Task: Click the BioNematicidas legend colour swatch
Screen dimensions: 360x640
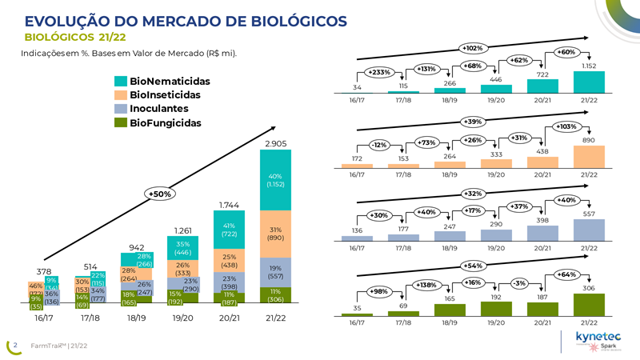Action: [121, 82]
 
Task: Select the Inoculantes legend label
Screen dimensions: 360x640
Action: [159, 109]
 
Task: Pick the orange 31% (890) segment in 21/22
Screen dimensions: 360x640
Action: [275, 233]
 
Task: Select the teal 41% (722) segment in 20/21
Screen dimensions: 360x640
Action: [230, 230]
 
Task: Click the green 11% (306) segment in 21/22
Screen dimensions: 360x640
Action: [275, 296]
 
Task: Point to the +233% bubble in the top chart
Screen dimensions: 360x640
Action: [380, 72]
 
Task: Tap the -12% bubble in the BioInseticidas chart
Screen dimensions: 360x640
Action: [380, 146]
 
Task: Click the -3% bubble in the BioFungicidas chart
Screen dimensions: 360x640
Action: [521, 283]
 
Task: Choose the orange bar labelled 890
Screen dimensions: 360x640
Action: [589, 157]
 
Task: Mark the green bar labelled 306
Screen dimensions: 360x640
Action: [589, 305]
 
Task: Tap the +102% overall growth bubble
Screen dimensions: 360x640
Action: [472, 48]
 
